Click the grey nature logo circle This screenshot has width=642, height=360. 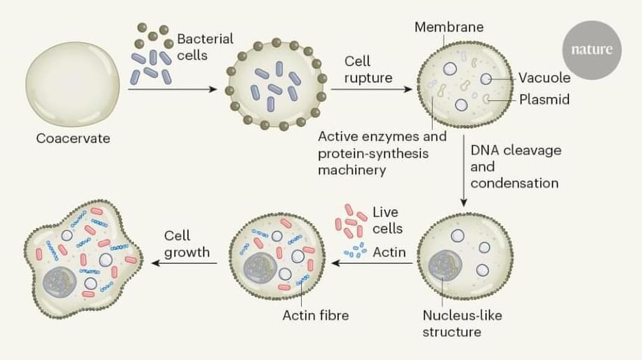coord(591,50)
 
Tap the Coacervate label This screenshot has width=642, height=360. coord(73,138)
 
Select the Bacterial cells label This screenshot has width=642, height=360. coord(204,46)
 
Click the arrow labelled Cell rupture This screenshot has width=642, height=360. coord(372,91)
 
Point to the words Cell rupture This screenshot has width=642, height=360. coord(368,69)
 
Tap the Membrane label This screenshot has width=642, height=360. coord(448,27)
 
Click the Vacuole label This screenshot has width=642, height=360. coord(544,77)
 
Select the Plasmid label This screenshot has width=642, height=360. coord(544,100)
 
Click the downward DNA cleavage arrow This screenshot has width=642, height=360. coord(464,175)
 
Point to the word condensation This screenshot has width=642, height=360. coord(514,183)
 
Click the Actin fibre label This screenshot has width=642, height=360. coord(315,315)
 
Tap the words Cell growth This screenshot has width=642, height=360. coord(187,244)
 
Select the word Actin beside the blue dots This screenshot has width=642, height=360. coord(389,251)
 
